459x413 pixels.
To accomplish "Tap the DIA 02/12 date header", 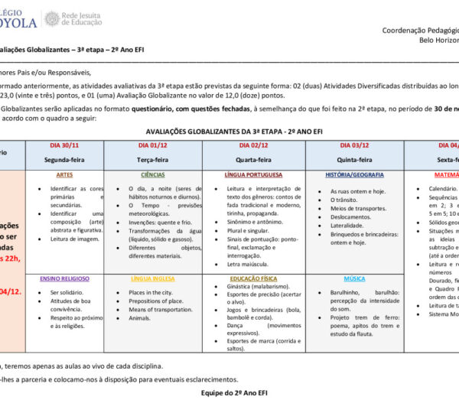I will [x=254, y=145].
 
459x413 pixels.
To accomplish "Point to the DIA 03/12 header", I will [x=354, y=145].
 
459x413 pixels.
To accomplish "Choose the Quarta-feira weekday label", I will [x=254, y=160].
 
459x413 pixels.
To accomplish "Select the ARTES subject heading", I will [x=64, y=174].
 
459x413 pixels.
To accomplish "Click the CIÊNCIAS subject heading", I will [x=142, y=174].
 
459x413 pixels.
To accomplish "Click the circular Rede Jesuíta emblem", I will [x=52, y=18].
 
